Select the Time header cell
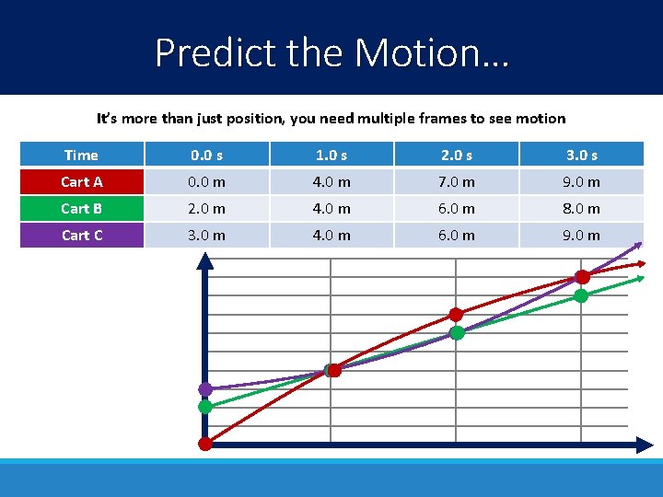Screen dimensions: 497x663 pyautogui.click(x=82, y=155)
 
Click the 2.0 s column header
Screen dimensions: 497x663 pyautogui.click(x=456, y=155)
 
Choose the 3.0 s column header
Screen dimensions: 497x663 pyautogui.click(x=581, y=155)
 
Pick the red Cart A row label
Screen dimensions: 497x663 pyautogui.click(x=82, y=181)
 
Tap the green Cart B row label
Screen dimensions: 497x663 pyautogui.click(x=82, y=208)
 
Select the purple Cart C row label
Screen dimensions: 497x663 pyautogui.click(x=82, y=235)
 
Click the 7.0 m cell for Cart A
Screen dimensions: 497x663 pyautogui.click(x=456, y=181)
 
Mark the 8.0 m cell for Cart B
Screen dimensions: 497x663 pyautogui.click(x=581, y=208)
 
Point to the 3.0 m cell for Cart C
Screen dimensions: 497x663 pyautogui.click(x=206, y=235)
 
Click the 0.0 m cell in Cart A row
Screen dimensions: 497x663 pyautogui.click(x=206, y=181)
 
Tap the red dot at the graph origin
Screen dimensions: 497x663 pyautogui.click(x=205, y=444)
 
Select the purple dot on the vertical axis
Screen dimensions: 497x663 pyautogui.click(x=205, y=389)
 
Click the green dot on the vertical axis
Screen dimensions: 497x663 pyautogui.click(x=205, y=406)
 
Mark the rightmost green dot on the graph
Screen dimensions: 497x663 pyautogui.click(x=581, y=295)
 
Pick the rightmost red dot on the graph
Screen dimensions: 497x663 pyautogui.click(x=582, y=277)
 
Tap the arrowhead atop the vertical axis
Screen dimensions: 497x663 pyautogui.click(x=205, y=260)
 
